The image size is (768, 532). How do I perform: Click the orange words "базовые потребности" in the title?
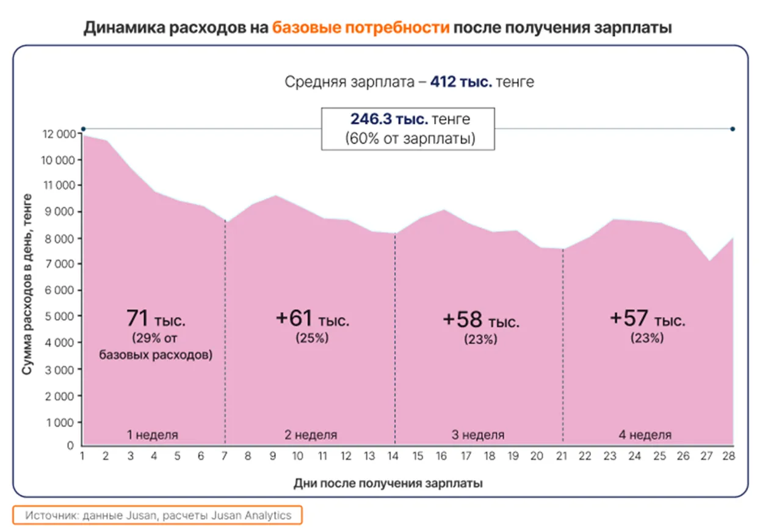pos(361,27)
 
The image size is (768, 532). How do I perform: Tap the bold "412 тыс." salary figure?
pos(461,82)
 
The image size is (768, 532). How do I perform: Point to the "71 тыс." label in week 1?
pos(154,319)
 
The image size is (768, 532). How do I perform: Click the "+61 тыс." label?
pos(312,319)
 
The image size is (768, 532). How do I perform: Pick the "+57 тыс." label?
pos(647,319)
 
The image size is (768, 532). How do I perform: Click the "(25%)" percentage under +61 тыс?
pos(312,337)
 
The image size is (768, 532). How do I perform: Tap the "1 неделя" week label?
pos(153,435)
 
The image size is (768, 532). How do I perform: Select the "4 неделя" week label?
pos(646,435)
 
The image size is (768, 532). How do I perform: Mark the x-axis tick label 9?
pos(274,456)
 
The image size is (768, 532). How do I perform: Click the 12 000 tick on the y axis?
pos(58,134)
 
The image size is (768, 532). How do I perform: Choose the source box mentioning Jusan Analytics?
pos(158,516)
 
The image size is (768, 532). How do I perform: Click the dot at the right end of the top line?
pos(733,129)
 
